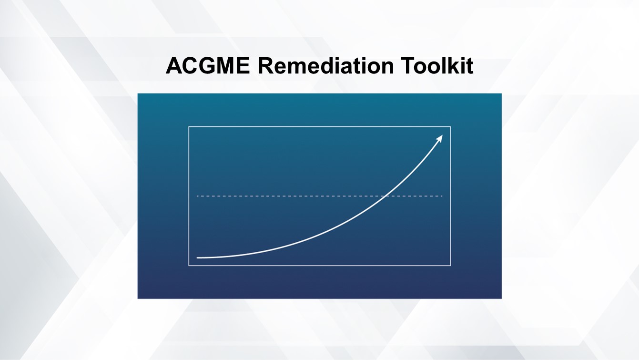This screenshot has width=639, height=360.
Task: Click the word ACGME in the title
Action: click(x=208, y=66)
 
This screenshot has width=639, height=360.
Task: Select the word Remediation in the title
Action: click(x=325, y=66)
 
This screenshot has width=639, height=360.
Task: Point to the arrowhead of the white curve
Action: click(x=441, y=137)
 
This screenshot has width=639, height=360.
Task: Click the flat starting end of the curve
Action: click(x=198, y=257)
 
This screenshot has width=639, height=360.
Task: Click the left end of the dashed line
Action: click(x=198, y=196)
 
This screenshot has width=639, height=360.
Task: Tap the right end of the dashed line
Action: click(x=442, y=196)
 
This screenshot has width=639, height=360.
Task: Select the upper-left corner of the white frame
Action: click(x=189, y=127)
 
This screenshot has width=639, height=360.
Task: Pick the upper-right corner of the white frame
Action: click(x=450, y=127)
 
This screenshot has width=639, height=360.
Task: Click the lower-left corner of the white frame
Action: click(x=189, y=265)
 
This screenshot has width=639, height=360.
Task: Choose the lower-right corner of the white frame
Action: click(x=450, y=265)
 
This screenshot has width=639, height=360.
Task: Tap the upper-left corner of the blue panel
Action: click(x=138, y=94)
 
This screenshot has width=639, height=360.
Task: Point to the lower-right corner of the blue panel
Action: click(x=501, y=298)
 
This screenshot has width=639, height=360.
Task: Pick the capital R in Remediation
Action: click(x=265, y=66)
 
